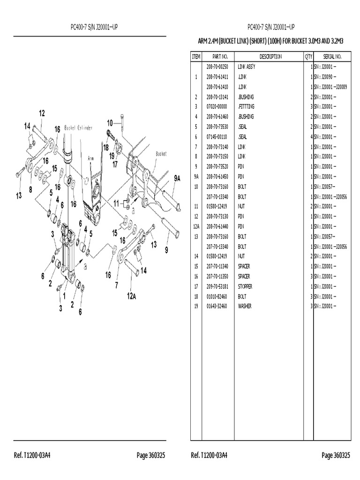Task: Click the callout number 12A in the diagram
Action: [132, 296]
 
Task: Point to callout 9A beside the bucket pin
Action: [177, 179]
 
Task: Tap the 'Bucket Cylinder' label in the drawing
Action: [78, 127]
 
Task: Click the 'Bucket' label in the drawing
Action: [161, 153]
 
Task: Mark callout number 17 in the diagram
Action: [115, 164]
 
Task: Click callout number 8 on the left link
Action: [30, 189]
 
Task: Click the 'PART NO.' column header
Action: [220, 57]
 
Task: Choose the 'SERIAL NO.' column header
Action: [332, 57]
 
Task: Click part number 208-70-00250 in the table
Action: [220, 67]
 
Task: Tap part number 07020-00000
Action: [220, 107]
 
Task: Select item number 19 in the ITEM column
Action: [195, 306]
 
